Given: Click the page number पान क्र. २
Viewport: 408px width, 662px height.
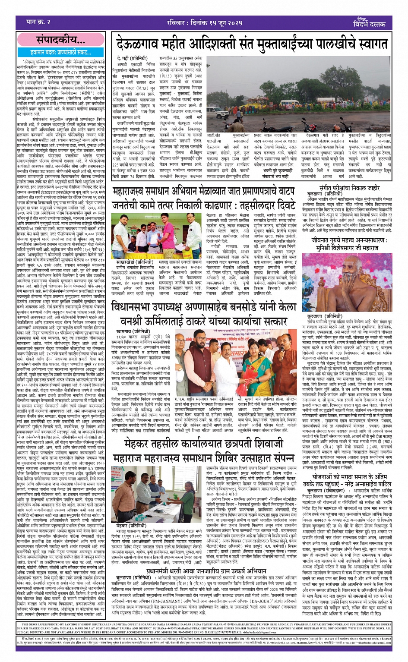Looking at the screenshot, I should tap(38, 22).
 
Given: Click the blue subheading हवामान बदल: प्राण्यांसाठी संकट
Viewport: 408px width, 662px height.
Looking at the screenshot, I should tap(61, 52).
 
